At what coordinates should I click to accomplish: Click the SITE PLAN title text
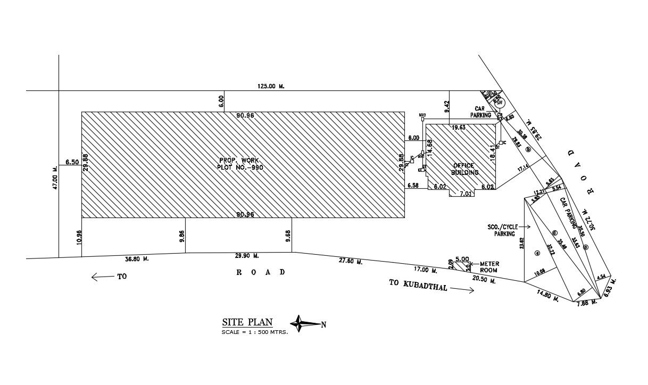247,322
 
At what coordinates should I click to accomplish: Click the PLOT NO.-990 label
240,167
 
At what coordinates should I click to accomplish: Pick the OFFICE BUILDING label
465,169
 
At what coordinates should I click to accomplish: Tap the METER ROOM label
488,266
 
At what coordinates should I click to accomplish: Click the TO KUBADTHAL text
419,285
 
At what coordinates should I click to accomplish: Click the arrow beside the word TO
101,277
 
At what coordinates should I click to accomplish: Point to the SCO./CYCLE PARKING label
503,230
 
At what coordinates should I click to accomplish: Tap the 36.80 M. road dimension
137,259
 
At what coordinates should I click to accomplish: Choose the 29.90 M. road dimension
247,256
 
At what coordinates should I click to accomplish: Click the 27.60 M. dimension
351,262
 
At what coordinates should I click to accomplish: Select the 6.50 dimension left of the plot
72,162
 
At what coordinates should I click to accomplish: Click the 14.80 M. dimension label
547,295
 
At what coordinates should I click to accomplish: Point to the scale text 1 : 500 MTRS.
255,332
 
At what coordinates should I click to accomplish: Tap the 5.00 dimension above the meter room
462,259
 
